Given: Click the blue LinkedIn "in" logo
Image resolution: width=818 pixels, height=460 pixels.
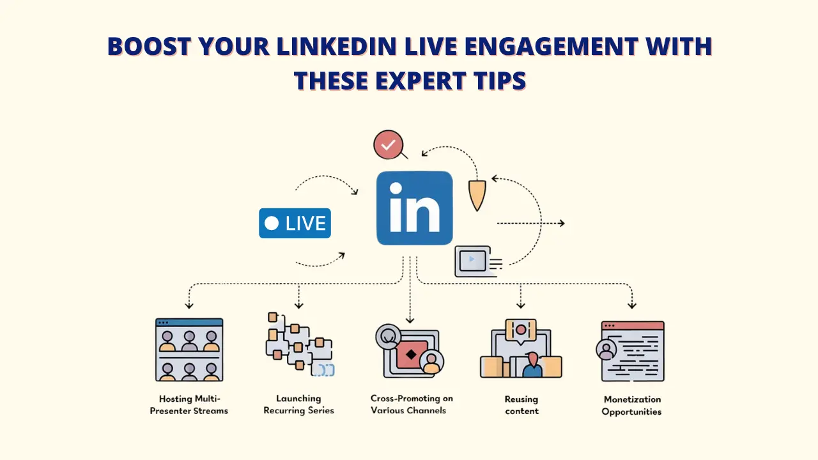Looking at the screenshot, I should click(414, 208).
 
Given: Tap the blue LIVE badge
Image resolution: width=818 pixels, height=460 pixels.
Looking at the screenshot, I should click(295, 223).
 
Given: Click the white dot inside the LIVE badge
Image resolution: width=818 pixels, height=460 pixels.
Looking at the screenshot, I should click(272, 223).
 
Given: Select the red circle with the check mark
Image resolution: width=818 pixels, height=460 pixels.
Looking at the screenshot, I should click(387, 146).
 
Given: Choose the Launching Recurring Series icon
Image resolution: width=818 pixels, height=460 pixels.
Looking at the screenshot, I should click(299, 343).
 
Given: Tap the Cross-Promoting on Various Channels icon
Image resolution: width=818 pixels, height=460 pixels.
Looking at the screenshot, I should click(410, 352).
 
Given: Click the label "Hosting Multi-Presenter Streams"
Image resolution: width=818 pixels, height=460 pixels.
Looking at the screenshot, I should click(189, 404).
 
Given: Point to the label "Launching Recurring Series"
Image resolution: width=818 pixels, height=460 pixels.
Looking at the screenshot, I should click(299, 404).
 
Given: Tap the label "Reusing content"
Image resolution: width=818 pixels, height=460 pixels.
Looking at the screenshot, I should click(521, 405).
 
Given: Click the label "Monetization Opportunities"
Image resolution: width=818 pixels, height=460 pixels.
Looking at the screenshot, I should click(631, 405).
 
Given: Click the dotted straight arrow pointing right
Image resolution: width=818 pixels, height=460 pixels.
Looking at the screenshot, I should click(530, 223).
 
